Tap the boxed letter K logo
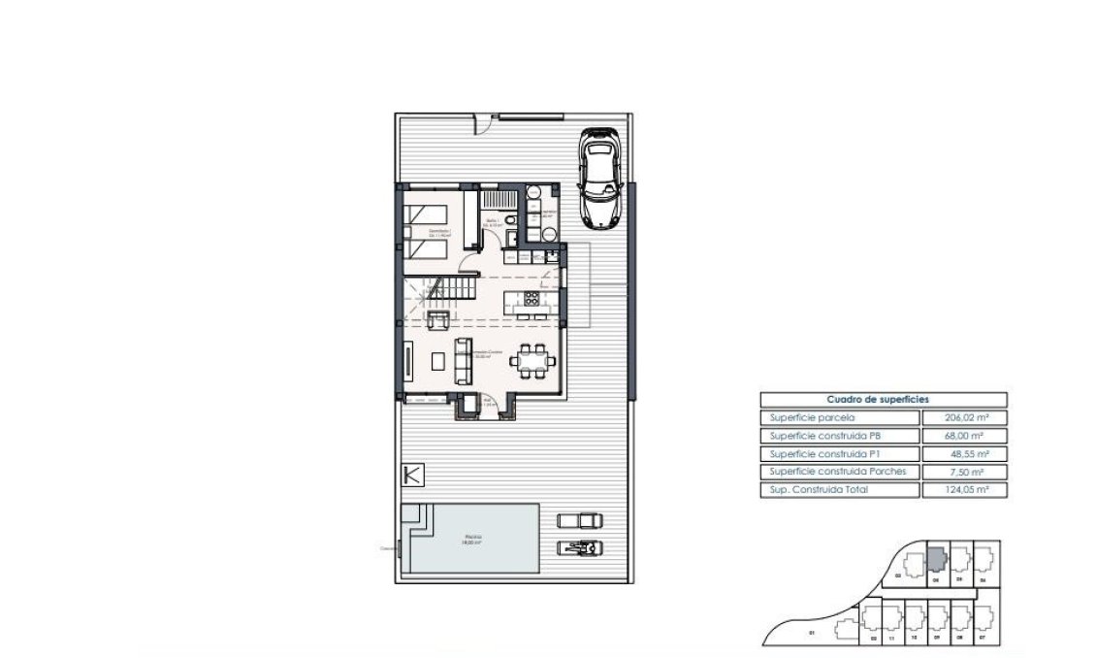412,476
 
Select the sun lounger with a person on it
580,547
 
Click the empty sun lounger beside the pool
580,519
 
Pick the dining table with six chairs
534,360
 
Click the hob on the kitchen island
531,300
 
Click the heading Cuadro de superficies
878,399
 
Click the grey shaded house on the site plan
936,559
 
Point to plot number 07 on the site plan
983,639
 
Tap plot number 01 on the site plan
811,635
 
